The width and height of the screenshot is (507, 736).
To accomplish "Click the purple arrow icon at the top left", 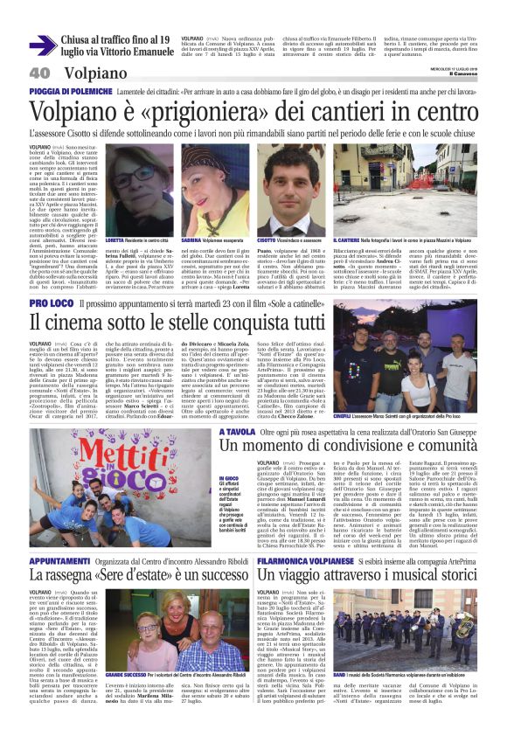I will pyautogui.click(x=43, y=45).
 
